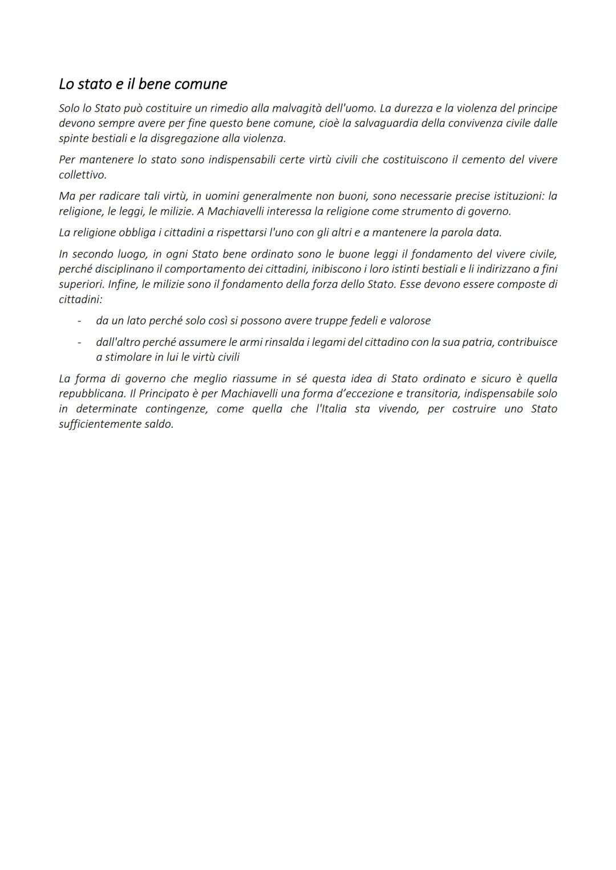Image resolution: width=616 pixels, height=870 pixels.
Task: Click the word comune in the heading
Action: [x=200, y=84]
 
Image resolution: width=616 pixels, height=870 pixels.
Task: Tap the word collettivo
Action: [x=82, y=175]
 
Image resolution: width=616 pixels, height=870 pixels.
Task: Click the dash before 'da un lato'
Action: [x=79, y=321]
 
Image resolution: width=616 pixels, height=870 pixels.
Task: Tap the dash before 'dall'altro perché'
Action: [x=79, y=342]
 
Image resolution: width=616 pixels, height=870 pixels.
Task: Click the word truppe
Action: [x=332, y=321]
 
